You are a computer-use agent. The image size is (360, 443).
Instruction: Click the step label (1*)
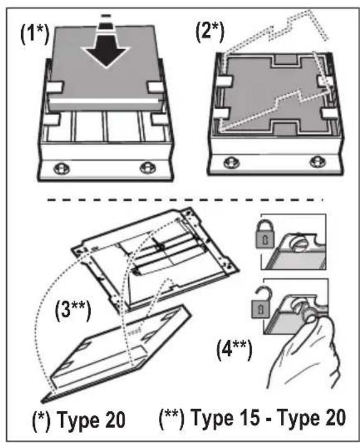click(35, 34)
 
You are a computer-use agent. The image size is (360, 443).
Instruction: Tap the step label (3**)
click(73, 310)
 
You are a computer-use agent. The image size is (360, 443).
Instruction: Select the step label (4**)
click(234, 350)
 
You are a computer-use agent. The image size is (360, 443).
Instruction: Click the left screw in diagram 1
click(62, 169)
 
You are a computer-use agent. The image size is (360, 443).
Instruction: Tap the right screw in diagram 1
click(148, 168)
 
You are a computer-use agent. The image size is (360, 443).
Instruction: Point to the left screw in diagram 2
click(231, 162)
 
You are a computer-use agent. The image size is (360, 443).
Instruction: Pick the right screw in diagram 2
click(318, 162)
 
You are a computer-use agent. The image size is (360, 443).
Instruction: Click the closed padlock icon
click(265, 235)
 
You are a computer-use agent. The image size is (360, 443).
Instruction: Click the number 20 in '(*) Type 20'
click(111, 420)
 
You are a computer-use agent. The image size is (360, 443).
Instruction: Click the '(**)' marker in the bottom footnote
click(171, 418)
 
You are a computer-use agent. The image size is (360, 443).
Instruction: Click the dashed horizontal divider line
click(185, 200)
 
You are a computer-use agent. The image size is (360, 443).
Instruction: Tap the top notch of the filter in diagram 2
click(285, 60)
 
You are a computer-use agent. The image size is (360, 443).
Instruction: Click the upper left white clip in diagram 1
click(54, 87)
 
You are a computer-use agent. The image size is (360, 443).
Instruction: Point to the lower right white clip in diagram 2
click(329, 114)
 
